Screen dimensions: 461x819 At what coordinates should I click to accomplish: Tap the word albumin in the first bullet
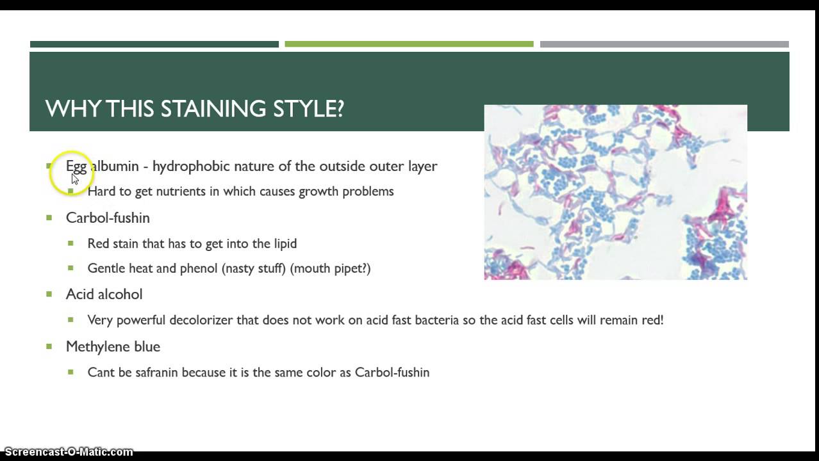point(115,166)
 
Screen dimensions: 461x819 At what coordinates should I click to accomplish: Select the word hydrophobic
point(190,166)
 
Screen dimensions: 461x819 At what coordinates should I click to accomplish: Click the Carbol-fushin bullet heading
point(108,218)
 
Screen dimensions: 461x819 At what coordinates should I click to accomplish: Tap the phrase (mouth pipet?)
point(330,268)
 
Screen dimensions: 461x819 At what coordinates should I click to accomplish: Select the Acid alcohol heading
point(104,295)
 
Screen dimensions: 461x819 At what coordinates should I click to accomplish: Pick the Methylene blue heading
point(113,346)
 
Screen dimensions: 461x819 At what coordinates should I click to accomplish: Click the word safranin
point(157,372)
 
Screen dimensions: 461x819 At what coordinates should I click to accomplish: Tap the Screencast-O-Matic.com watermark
point(69,452)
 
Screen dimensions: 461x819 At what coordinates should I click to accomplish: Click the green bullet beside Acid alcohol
point(49,294)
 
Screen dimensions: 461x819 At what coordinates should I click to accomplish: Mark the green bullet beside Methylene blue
point(49,346)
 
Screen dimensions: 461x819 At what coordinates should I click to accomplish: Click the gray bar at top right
point(664,44)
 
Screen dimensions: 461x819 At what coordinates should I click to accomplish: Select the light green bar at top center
point(409,44)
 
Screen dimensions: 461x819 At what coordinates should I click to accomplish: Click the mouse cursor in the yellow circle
point(74,179)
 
